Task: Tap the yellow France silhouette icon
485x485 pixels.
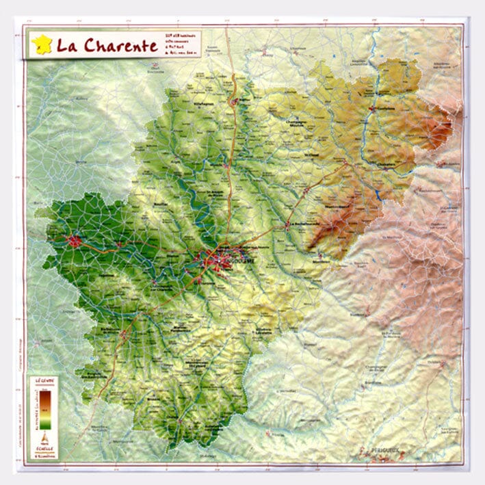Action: (x=41, y=45)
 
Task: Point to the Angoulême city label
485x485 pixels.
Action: (x=244, y=261)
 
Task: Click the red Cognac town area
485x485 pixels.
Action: (x=74, y=241)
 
